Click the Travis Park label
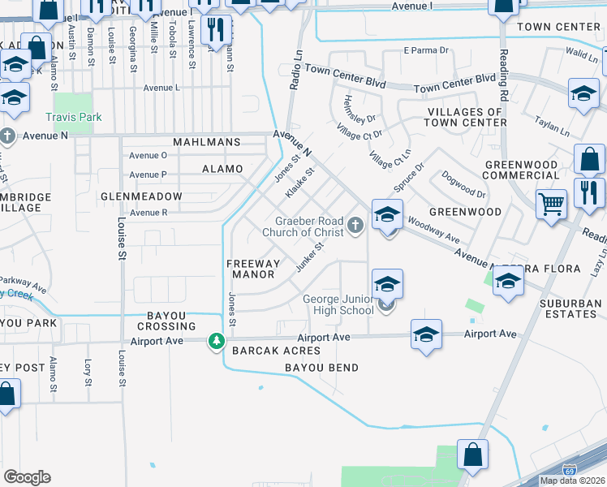click(74, 117)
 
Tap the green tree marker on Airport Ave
click(216, 341)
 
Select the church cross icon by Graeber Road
click(354, 224)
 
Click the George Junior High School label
click(338, 304)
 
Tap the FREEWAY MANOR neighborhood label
click(253, 269)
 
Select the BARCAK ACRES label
click(276, 351)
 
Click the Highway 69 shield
click(570, 470)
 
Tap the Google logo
click(27, 477)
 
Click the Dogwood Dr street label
click(463, 183)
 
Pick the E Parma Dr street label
click(426, 50)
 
